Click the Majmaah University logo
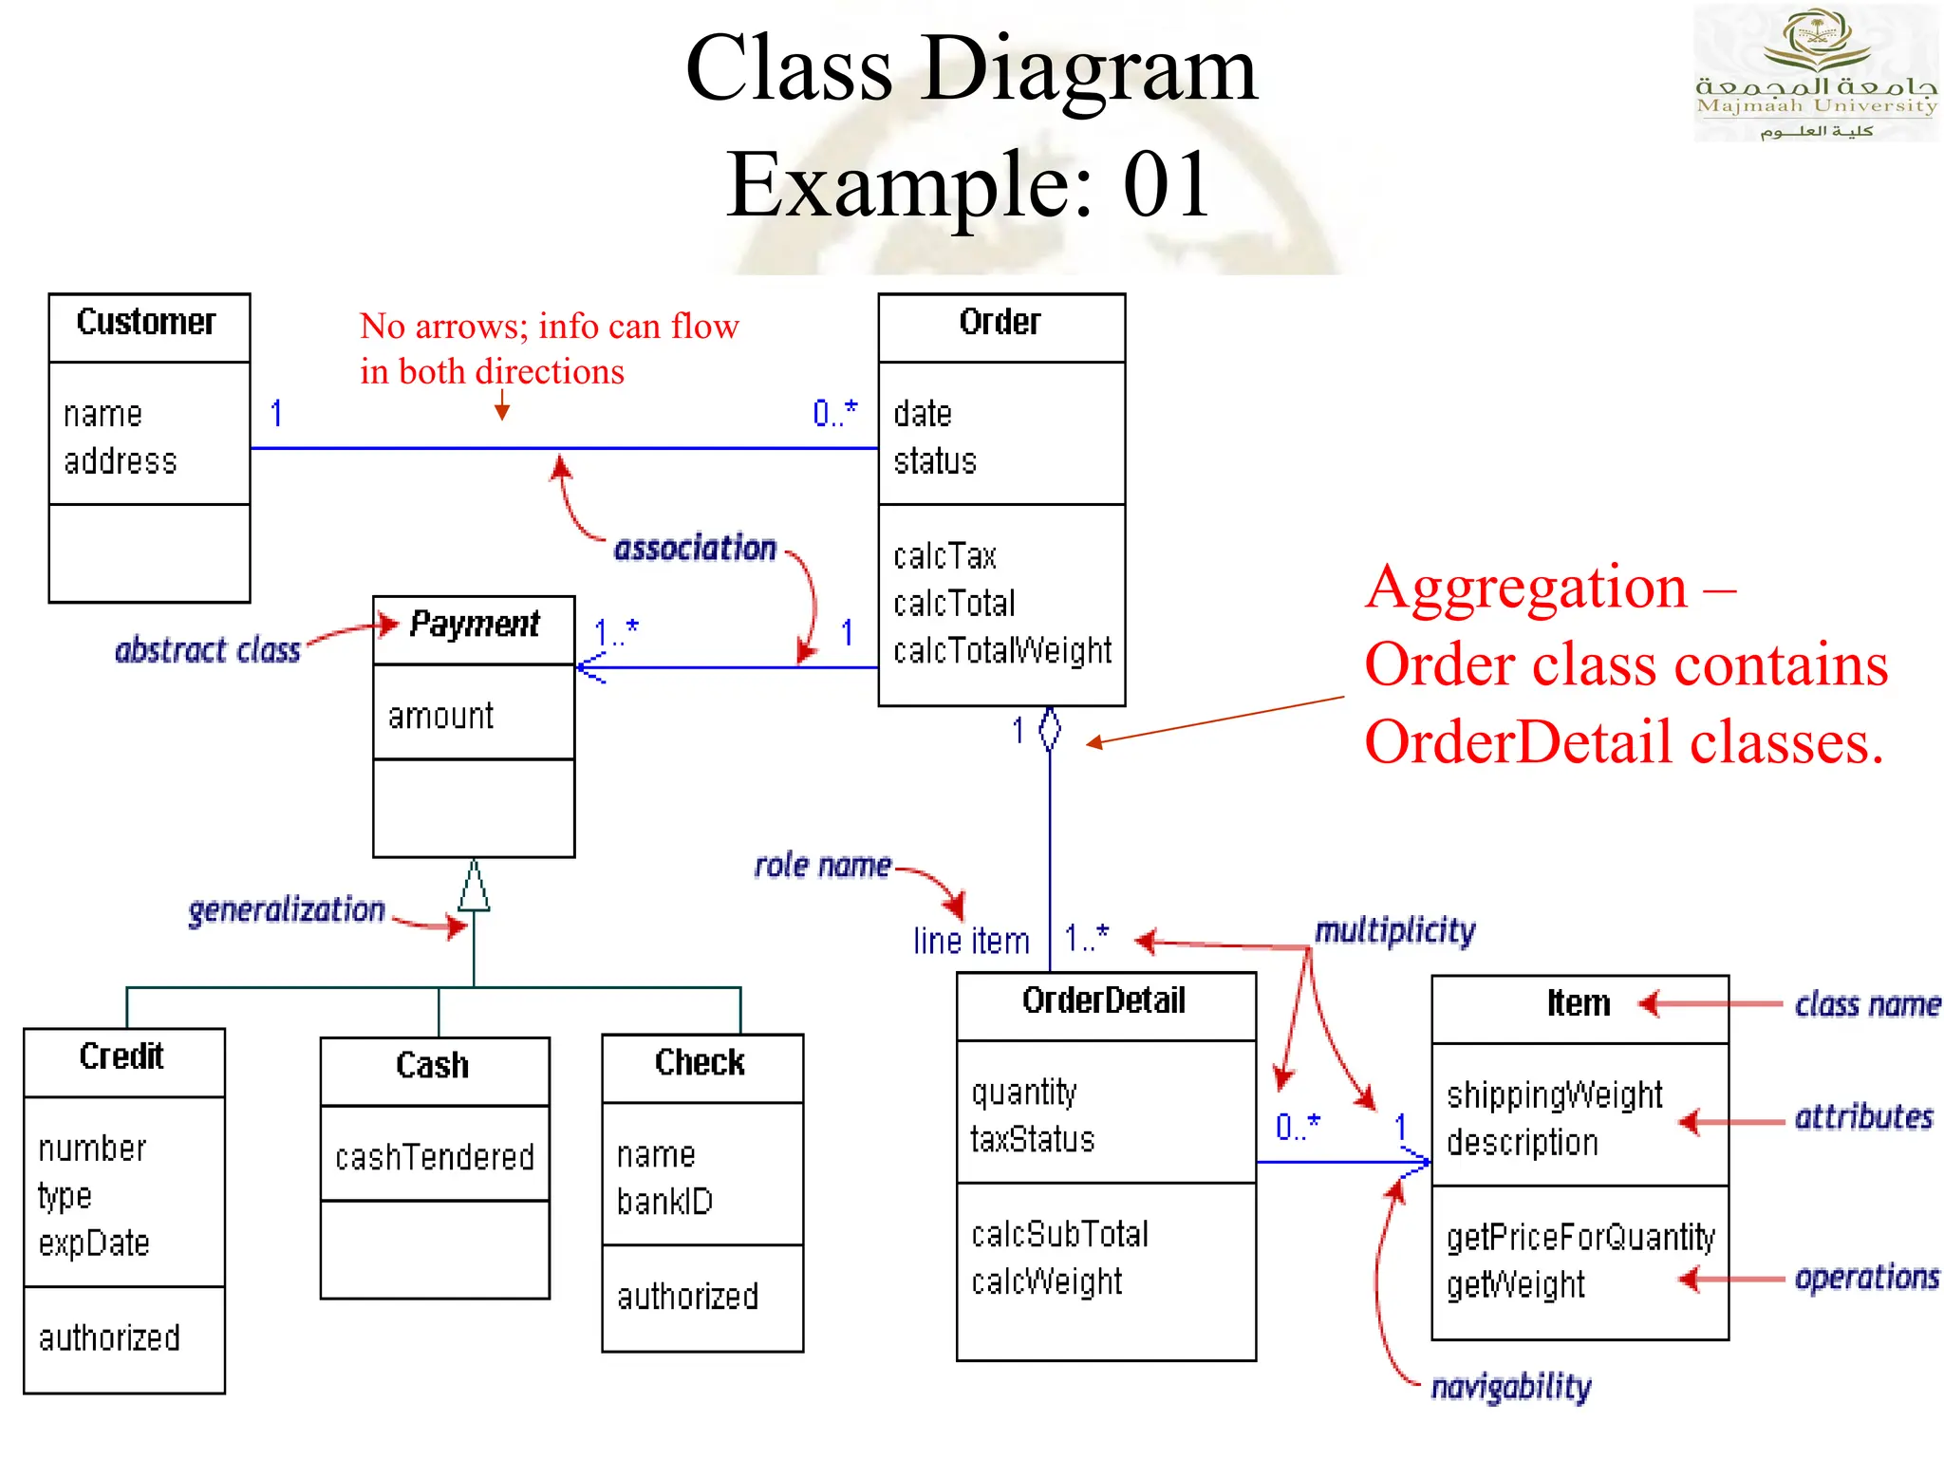click(1815, 72)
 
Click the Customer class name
click(146, 323)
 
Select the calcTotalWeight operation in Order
click(1001, 651)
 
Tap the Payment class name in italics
click(474, 625)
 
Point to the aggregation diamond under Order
click(1049, 730)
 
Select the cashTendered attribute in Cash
click(435, 1158)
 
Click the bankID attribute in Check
click(664, 1203)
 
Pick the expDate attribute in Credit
click(94, 1243)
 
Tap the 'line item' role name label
click(971, 942)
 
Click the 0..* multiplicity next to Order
click(834, 413)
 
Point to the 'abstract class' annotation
click(207, 651)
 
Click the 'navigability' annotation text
click(1510, 1387)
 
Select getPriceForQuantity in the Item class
click(1580, 1238)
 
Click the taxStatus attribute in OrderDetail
click(1032, 1139)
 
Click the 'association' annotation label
click(695, 549)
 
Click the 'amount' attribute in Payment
click(440, 716)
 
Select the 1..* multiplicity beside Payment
click(616, 632)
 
